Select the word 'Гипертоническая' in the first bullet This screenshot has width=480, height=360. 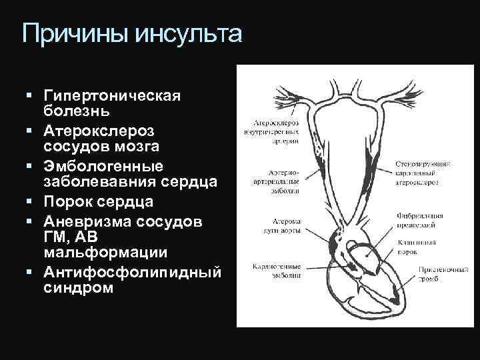pos(111,95)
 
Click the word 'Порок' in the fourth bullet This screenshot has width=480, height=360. pos(67,201)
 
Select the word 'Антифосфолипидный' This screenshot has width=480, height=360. pos(131,272)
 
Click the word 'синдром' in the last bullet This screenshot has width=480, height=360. pos(79,289)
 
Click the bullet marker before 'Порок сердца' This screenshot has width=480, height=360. pos(31,201)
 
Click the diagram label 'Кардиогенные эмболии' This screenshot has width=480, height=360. pos(275,269)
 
